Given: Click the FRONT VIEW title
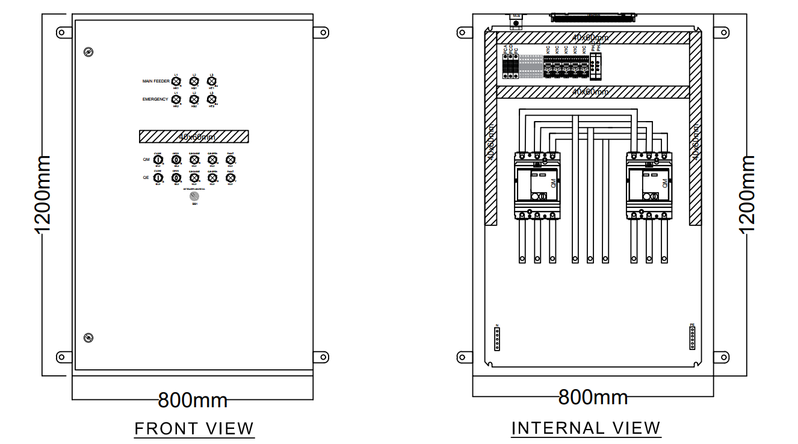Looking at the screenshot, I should pos(194,428).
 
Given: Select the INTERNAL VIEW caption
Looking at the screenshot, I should pos(586,428).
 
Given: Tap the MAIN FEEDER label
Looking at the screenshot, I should pos(155,81).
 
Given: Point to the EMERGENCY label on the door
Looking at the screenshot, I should pos(155,99).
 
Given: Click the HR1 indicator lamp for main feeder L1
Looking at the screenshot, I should pos(176,81).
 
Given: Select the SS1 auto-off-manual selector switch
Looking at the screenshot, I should pos(194,196).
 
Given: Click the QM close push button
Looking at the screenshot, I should pos(158,160).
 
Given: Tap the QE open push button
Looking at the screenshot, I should pos(176,178).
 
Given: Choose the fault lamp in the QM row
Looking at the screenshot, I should pos(230,160).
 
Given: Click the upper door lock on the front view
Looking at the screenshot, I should pos(88,52).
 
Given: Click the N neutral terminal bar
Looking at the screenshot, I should pos(497,339).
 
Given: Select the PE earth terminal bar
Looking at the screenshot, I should pos(692,339).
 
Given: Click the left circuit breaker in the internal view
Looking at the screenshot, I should pos(537,185).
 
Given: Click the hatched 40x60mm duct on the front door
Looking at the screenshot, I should pos(194,136).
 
